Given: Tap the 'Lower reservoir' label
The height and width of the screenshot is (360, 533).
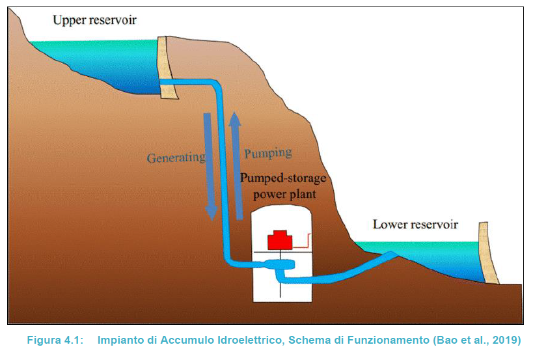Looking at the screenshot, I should coord(415,225).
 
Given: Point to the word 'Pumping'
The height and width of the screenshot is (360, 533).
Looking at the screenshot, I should coord(267,154).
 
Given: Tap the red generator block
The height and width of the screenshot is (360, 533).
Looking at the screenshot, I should coord(281,240).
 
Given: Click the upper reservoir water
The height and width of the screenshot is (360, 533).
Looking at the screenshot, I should coord(98,62).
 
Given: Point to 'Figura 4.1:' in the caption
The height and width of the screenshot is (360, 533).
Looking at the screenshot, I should coord(54,340).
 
